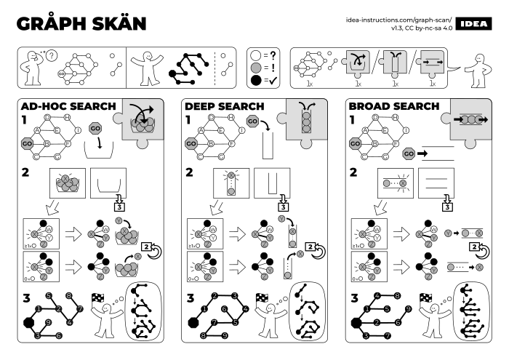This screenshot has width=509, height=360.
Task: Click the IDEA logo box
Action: tap(476, 21)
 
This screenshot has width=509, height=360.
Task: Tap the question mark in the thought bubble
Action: tap(51, 55)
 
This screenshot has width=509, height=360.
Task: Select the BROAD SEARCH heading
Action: tap(393, 106)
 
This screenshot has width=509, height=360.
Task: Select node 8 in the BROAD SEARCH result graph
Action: tap(397, 296)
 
